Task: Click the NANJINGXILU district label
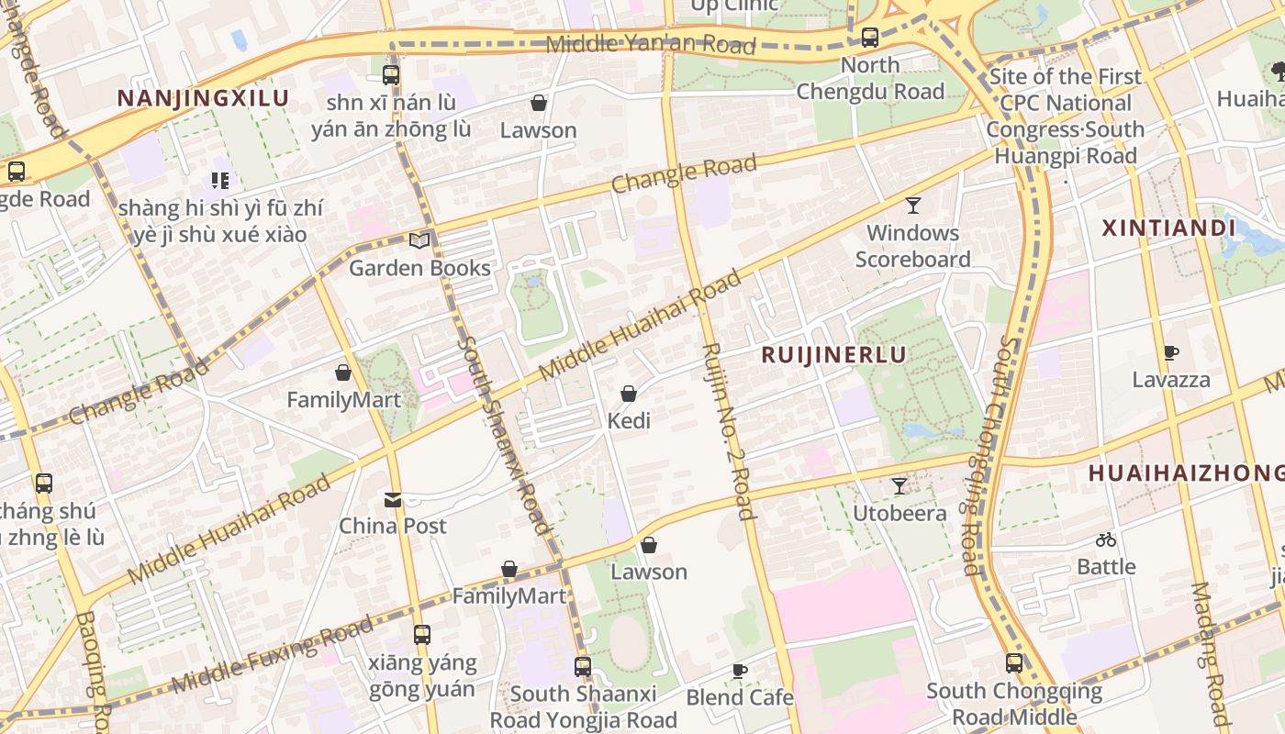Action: point(203,98)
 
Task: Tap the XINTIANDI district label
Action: point(1168,228)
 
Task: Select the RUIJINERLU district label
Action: point(833,354)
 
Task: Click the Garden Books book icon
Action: point(419,241)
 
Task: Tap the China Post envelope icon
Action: point(393,500)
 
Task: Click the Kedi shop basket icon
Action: point(629,395)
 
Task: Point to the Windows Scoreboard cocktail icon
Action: point(912,206)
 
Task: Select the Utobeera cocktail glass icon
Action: point(899,486)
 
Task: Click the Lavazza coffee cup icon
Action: point(1170,352)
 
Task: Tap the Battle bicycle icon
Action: point(1106,540)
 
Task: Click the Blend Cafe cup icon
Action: point(740,672)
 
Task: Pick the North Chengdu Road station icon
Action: point(869,38)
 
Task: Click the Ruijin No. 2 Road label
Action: point(727,431)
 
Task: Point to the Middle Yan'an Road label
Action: point(650,43)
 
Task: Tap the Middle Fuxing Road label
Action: point(272,655)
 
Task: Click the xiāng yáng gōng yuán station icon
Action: point(422,635)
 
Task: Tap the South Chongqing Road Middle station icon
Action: point(1014,663)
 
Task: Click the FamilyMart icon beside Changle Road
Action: point(343,373)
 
